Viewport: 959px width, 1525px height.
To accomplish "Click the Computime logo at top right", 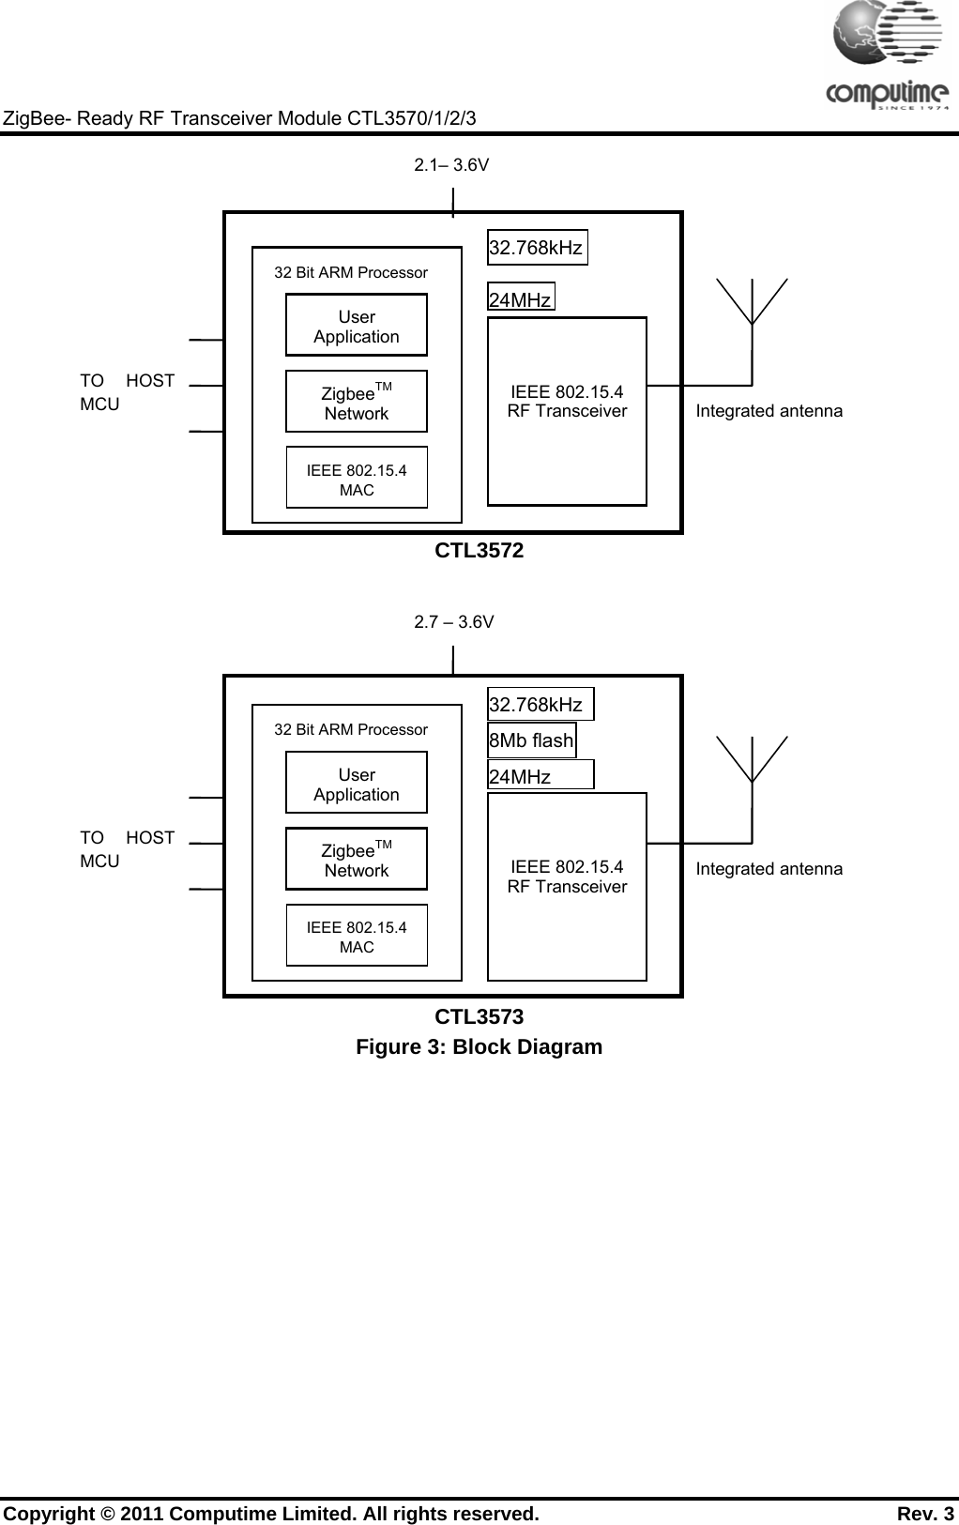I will (x=887, y=57).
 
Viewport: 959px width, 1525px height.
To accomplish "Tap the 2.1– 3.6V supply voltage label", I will (x=451, y=166).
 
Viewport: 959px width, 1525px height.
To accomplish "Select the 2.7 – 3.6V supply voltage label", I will (x=454, y=622).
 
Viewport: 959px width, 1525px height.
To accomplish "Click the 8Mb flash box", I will (x=531, y=740).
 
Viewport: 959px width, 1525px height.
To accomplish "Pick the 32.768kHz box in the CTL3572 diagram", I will (x=537, y=248).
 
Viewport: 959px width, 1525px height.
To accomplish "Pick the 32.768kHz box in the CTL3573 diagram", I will (x=540, y=705).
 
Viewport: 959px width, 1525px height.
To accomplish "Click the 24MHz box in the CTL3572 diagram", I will (x=521, y=298).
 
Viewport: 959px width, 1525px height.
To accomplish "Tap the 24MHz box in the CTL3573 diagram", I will (x=540, y=776).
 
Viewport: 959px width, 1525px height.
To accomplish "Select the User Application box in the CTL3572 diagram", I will (x=357, y=326).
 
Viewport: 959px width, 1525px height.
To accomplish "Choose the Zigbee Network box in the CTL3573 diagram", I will (x=357, y=860).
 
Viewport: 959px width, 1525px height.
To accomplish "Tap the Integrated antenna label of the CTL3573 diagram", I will (x=769, y=869).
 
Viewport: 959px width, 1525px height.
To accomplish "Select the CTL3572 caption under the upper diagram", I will (x=479, y=551).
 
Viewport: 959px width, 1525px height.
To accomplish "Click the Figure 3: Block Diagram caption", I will (x=479, y=1047).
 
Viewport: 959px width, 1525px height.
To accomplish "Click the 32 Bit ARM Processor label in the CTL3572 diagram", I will (x=351, y=273).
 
